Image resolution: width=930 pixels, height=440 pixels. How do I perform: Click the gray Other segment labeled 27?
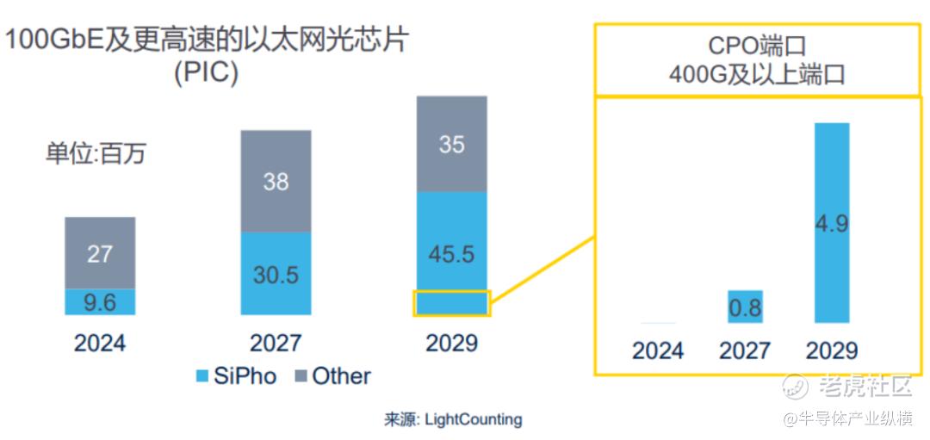[100, 252]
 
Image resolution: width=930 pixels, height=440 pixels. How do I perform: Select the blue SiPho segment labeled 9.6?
[100, 302]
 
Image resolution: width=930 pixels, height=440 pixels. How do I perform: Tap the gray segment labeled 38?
[276, 181]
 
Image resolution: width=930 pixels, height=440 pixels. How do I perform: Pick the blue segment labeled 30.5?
[276, 274]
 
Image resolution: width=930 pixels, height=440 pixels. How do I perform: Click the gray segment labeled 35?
[452, 144]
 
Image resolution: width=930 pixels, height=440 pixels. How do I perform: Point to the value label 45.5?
[452, 255]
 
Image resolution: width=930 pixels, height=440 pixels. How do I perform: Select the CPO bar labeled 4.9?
[832, 223]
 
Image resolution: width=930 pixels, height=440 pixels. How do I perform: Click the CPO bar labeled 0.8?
[745, 307]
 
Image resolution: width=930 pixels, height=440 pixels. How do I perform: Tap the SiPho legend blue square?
[203, 376]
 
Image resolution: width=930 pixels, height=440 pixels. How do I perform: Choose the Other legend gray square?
[301, 376]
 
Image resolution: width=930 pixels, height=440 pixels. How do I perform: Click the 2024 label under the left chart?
[100, 343]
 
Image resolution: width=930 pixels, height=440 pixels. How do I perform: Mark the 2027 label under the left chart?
[276, 343]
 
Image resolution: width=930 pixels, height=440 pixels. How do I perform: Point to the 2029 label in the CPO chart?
[832, 350]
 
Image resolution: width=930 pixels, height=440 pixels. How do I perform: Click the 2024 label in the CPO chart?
[658, 350]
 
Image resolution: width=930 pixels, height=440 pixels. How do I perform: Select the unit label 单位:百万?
[96, 154]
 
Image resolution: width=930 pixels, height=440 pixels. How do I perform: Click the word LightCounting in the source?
[473, 419]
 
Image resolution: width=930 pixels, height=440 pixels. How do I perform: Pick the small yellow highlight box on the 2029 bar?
[452, 303]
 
